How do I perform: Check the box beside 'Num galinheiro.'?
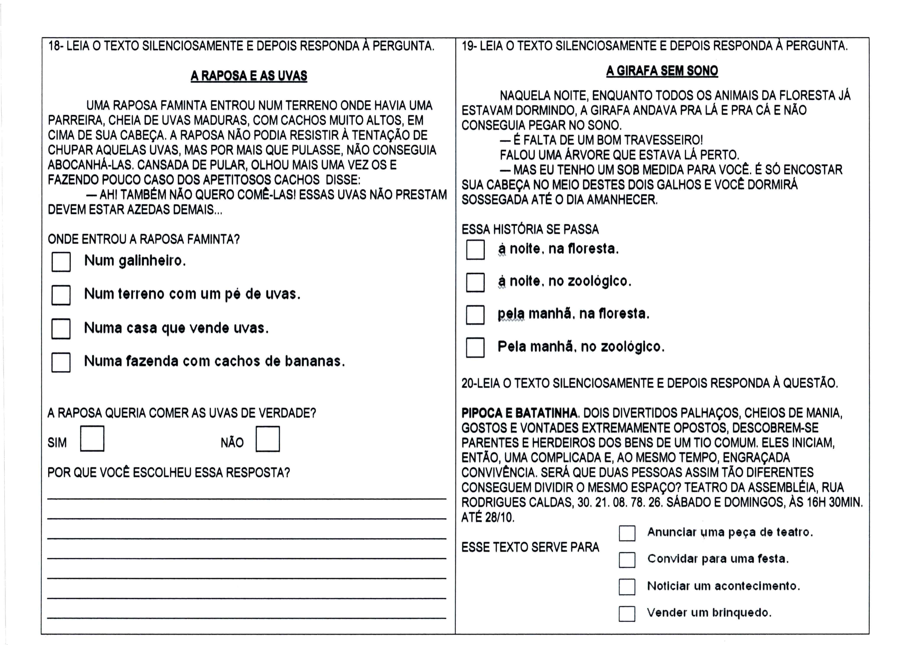(61, 262)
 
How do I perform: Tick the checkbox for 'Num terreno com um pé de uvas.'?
(61, 295)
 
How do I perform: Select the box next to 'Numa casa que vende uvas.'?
(61, 329)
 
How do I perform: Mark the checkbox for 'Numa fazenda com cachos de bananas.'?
(61, 362)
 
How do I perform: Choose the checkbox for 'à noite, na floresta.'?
(475, 250)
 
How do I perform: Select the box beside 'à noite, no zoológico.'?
(475, 282)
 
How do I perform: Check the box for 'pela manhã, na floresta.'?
(475, 315)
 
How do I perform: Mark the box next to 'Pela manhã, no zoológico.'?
(475, 347)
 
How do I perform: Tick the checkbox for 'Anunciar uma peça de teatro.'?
(627, 533)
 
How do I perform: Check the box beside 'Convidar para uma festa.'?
(627, 560)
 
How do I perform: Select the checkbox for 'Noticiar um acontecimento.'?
(627, 587)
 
